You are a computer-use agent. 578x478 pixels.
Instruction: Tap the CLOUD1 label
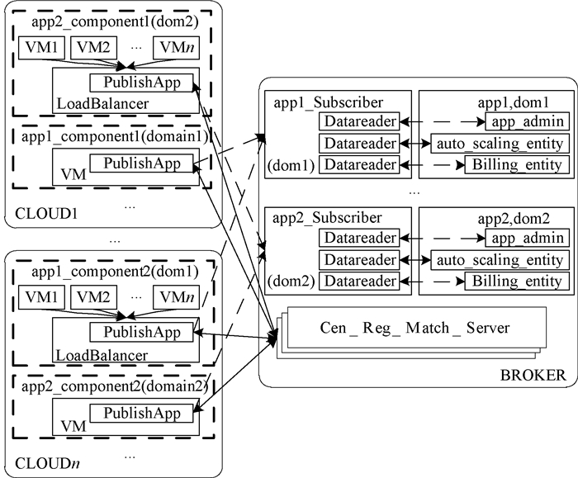coord(40,214)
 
